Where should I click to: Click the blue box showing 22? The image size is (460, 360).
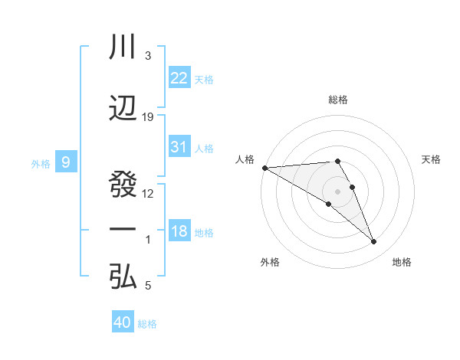tap(179, 77)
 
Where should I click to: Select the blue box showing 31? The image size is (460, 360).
tap(179, 147)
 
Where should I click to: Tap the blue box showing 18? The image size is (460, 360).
tap(179, 231)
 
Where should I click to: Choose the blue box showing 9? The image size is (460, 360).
tap(66, 162)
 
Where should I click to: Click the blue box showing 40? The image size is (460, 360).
tap(123, 322)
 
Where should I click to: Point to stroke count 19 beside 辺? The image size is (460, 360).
tap(148, 117)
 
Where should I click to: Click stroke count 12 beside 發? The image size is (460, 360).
tap(148, 193)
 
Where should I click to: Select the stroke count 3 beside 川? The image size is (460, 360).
tap(147, 56)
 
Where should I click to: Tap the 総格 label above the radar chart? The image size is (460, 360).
tap(337, 100)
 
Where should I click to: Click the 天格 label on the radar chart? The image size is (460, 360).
tap(432, 159)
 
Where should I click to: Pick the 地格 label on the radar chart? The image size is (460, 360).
tap(402, 262)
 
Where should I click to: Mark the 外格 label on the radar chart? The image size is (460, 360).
tap(270, 262)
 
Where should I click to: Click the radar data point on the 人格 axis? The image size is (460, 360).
tap(264, 168)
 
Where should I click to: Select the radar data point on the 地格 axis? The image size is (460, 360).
tap(374, 242)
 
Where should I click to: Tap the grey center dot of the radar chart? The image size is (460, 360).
tap(337, 191)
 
